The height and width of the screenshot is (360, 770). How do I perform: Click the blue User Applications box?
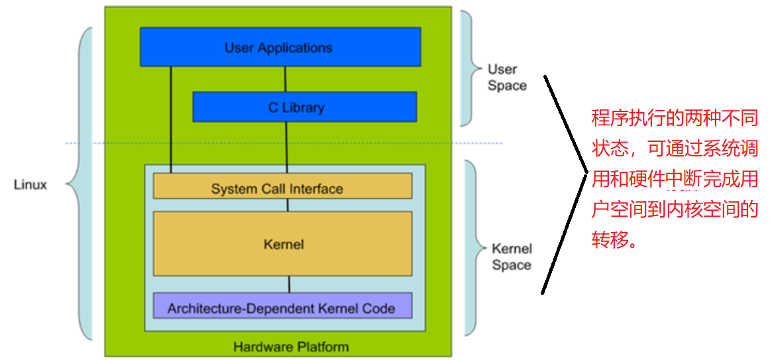click(x=280, y=47)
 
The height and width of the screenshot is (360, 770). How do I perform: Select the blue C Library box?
click(x=304, y=107)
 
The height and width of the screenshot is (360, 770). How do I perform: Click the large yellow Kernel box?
click(x=282, y=243)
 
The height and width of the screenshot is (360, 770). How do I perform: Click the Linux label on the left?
click(x=30, y=184)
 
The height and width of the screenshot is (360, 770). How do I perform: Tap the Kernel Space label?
click(x=511, y=257)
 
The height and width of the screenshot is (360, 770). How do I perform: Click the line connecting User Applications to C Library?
click(x=285, y=79)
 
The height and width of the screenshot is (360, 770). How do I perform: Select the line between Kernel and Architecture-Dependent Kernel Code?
click(x=288, y=284)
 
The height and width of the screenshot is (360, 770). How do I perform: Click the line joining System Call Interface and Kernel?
click(x=288, y=205)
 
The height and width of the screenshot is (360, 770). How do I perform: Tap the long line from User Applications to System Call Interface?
click(x=171, y=119)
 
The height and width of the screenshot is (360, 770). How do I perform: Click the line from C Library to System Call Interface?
click(x=287, y=147)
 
